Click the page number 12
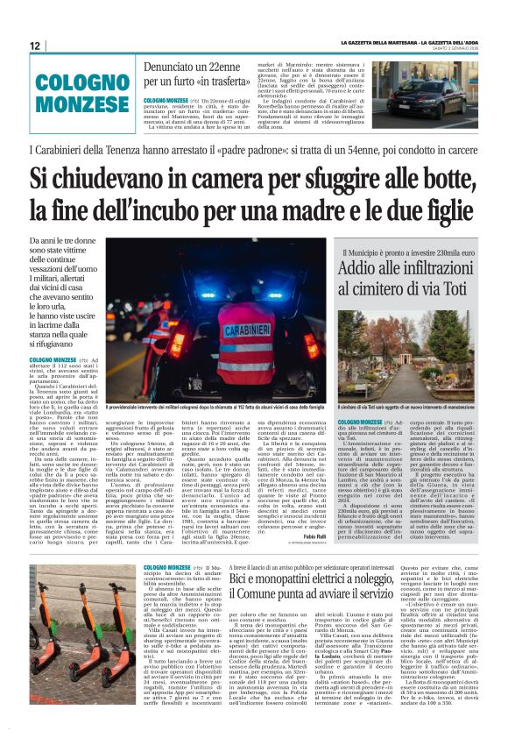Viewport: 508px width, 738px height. click(35, 46)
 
